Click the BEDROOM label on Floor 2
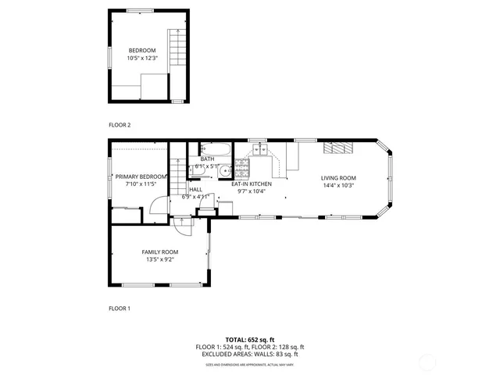[142, 51]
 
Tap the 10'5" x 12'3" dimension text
[142, 59]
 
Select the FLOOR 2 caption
[120, 125]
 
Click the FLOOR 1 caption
[120, 309]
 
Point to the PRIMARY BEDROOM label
[141, 177]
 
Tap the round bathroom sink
[224, 172]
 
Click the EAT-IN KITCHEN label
[252, 184]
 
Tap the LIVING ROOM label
[338, 178]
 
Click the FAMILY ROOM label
[159, 252]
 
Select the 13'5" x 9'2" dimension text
[159, 259]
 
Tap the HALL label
[195, 189]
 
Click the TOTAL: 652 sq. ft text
[250, 340]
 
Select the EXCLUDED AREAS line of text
[250, 354]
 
